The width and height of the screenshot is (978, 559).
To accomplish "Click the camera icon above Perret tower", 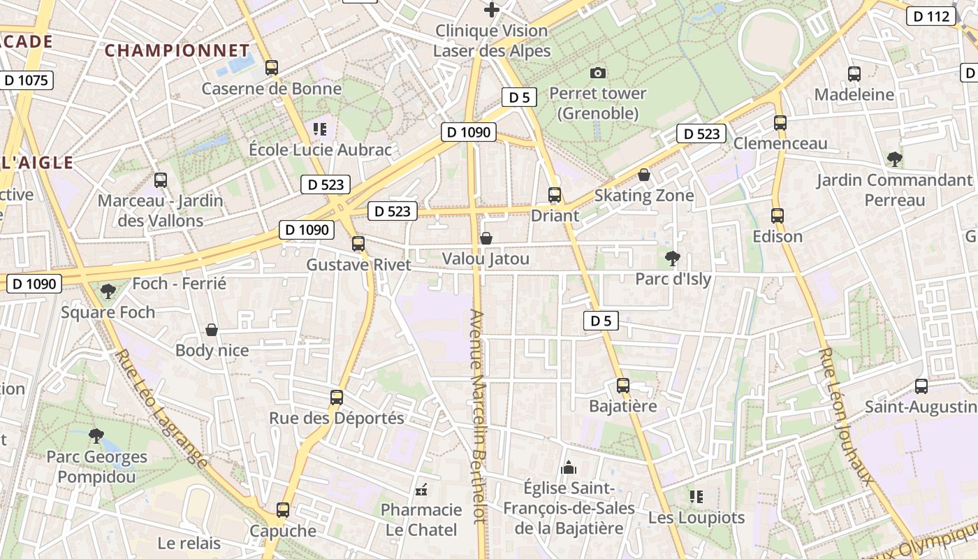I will [598, 73].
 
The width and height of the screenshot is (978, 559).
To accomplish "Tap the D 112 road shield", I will [931, 16].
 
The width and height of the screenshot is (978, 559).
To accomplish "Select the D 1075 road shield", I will [26, 80].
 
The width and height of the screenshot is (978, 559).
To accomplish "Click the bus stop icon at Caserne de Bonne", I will [272, 68].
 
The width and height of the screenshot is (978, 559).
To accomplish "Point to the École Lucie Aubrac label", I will [321, 150].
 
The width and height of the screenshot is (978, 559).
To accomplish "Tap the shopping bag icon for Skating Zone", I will [644, 175].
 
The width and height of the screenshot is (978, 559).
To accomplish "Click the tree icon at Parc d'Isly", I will [673, 259].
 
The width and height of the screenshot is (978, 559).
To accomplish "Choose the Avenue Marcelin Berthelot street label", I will [477, 416].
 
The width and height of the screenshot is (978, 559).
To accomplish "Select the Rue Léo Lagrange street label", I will [162, 409].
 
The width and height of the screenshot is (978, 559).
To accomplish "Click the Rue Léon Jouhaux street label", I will [847, 416].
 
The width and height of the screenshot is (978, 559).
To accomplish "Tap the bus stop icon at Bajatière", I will [623, 385].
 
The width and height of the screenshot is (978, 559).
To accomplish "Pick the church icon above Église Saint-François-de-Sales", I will [569, 467].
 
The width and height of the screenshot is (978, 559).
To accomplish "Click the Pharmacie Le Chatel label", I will [421, 519].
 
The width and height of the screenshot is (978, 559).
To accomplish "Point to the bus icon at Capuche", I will [283, 510].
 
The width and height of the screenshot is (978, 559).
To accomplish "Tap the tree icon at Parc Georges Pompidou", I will [96, 436].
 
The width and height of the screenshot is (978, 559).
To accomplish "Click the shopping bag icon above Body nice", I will [212, 329].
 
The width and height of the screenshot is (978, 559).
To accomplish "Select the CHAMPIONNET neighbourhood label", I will [177, 50].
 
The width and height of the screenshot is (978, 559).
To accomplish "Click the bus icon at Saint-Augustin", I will [921, 386].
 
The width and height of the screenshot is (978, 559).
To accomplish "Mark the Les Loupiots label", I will [696, 518].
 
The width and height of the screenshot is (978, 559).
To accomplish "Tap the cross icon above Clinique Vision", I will [492, 10].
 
